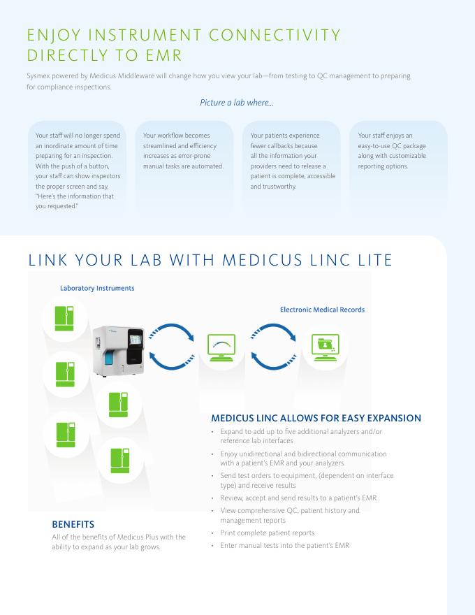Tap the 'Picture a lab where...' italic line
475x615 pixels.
[237, 103]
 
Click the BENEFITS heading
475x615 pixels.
[73, 523]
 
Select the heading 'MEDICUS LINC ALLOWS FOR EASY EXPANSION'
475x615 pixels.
[316, 419]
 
